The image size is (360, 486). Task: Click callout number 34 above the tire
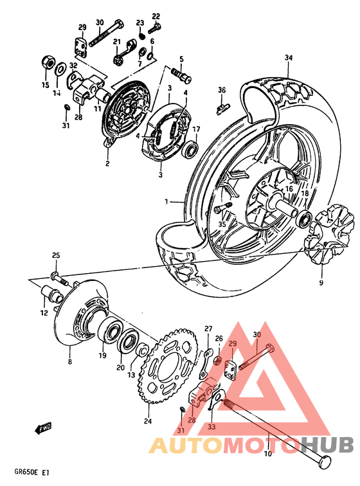tap(289, 59)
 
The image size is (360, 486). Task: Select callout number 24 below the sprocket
tap(148, 422)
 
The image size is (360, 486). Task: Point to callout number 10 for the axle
tap(267, 454)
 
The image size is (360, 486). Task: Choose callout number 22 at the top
tap(156, 16)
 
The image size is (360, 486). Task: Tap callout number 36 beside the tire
tap(222, 89)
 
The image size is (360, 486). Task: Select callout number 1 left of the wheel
tap(165, 201)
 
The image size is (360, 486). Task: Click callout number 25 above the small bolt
tap(55, 256)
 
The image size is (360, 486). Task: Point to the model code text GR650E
tap(19, 472)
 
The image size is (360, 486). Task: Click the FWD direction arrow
tap(44, 427)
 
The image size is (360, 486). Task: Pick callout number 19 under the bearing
tap(102, 355)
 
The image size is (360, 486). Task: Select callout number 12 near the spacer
tap(44, 313)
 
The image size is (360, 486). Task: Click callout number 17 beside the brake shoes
tap(196, 129)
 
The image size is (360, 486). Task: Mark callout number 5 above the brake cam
tap(181, 59)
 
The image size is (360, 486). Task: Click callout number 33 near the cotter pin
tap(212, 426)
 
